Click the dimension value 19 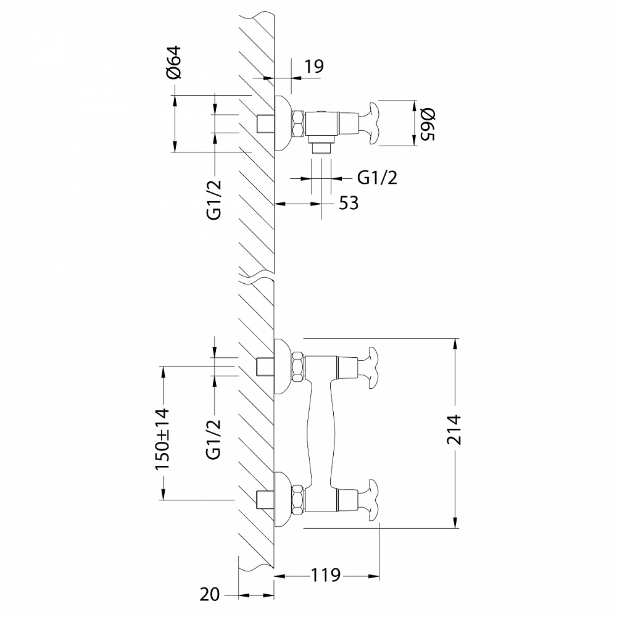314,66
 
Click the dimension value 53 349,203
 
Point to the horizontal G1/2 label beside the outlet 377,178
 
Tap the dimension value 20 210,595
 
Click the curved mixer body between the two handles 320,426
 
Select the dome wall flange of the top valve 282,123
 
